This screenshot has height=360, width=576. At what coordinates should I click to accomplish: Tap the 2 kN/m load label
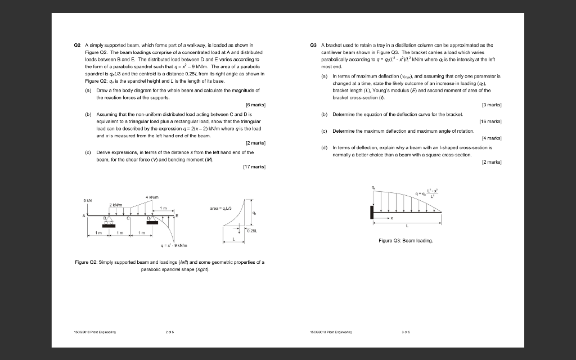pyautogui.click(x=116, y=205)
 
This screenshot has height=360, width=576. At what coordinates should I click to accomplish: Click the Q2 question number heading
pyautogui.click(x=78, y=44)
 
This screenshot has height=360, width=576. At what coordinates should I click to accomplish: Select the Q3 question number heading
pyautogui.click(x=313, y=44)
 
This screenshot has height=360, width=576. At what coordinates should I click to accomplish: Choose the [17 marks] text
pyautogui.click(x=254, y=166)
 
